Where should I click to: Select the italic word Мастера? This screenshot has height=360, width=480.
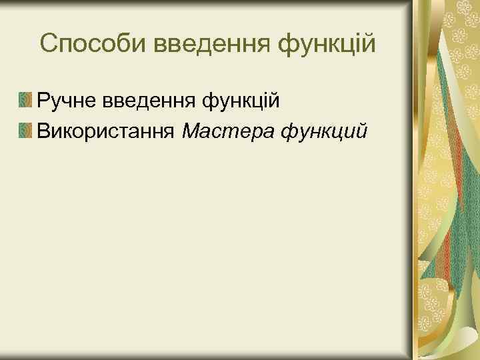click(227, 130)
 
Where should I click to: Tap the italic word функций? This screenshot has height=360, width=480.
click(324, 131)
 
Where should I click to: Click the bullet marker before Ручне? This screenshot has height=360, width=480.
click(25, 101)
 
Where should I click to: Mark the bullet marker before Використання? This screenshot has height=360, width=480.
click(25, 129)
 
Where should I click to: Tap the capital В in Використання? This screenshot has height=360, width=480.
click(44, 130)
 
